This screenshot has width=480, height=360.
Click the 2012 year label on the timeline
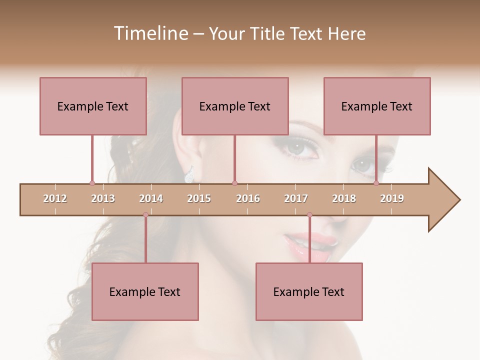click(x=55, y=198)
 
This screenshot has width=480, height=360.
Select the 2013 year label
click(x=103, y=198)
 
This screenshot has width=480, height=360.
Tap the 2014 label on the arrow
click(x=151, y=198)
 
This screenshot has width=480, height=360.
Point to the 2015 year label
click(x=199, y=198)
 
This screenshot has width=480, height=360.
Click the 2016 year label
click(x=248, y=198)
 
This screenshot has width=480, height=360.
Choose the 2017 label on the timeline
click(x=296, y=198)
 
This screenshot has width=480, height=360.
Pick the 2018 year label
click(x=344, y=198)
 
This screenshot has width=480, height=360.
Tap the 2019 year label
click(x=392, y=198)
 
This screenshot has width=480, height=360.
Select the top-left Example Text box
click(x=93, y=106)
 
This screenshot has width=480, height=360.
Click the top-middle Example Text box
click(x=235, y=106)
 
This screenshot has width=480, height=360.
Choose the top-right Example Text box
click(x=377, y=106)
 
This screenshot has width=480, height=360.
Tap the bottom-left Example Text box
click(x=145, y=292)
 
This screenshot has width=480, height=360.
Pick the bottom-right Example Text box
click(x=309, y=292)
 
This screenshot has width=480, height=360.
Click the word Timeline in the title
click(x=150, y=33)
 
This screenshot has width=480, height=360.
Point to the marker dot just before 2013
click(x=92, y=183)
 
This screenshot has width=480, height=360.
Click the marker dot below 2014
click(x=145, y=215)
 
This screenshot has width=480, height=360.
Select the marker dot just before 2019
click(x=376, y=183)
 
